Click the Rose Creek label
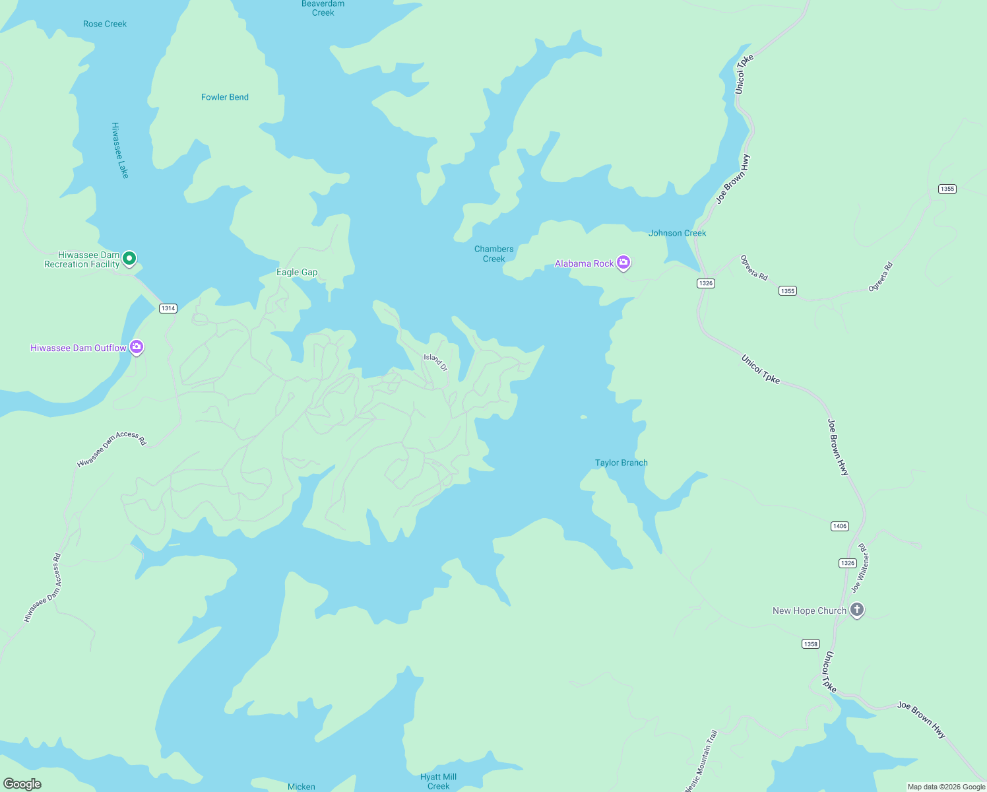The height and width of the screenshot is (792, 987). [105, 24]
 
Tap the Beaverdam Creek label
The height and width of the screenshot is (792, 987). [323, 8]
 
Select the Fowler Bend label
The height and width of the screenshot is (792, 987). [225, 97]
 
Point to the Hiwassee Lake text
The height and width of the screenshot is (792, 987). [120, 150]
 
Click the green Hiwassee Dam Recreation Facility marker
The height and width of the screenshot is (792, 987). [130, 259]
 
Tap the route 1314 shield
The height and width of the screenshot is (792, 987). [168, 308]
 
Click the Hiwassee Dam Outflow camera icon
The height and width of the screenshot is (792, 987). [137, 346]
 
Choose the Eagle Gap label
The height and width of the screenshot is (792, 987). [297, 272]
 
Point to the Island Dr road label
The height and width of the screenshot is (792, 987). [435, 362]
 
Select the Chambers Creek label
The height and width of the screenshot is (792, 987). [493, 254]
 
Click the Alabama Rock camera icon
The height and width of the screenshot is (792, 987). [623, 263]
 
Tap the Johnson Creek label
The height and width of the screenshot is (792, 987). [677, 233]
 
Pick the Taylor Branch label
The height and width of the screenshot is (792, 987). [621, 463]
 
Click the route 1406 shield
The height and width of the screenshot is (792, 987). [839, 526]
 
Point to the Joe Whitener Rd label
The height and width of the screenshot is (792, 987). [860, 568]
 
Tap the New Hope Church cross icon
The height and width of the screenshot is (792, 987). [857, 609]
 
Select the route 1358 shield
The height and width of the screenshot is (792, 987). [811, 643]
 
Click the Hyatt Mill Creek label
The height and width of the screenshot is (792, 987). [439, 781]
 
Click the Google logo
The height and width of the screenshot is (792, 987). [22, 784]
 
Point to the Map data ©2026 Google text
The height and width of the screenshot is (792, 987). [946, 787]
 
